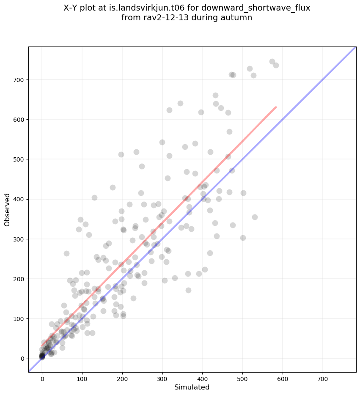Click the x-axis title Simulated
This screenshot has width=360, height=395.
pos(192,387)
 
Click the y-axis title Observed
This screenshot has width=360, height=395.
pos(7,210)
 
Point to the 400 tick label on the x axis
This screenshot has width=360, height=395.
pos(203,375)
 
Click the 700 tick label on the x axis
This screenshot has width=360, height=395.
pos(323,375)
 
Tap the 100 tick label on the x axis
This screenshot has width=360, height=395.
pos(82,375)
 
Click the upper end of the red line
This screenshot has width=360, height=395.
pos(276,107)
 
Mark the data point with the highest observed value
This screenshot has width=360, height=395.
pos(272,61)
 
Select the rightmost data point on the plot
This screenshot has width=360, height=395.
pos(276,65)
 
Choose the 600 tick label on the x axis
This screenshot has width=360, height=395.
pos(283,375)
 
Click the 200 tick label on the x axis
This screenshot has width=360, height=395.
pos(122,375)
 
